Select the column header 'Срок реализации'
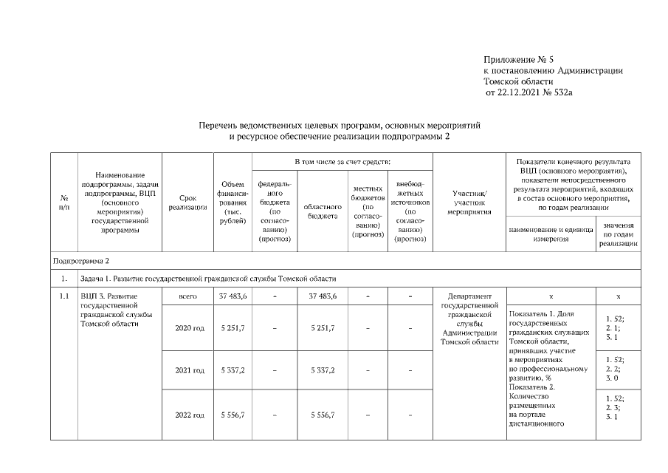pyautogui.click(x=187, y=203)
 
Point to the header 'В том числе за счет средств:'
pyautogui.click(x=342, y=161)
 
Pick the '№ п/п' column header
pyautogui.click(x=64, y=203)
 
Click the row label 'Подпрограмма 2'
pyautogui.click(x=81, y=261)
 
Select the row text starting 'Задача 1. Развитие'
pyautogui.click(x=208, y=279)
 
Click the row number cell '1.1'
pyautogui.click(x=64, y=296)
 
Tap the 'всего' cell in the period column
pyautogui.click(x=187, y=296)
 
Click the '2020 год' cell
pyautogui.click(x=187, y=328)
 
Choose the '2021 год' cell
pyautogui.click(x=187, y=370)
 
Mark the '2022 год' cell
pyautogui.click(x=187, y=415)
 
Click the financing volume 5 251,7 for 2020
pyautogui.click(x=233, y=328)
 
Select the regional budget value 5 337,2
pyautogui.click(x=322, y=370)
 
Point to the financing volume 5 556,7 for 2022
pyautogui.click(x=233, y=415)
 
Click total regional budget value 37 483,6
pyautogui.click(x=322, y=296)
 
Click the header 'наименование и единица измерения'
pyautogui.click(x=550, y=234)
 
